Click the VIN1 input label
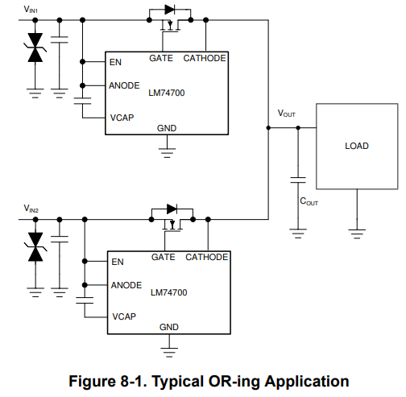click(x=31, y=9)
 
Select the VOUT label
click(x=286, y=114)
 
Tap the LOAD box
click(x=356, y=146)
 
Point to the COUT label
click(x=309, y=202)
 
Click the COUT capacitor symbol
click(x=298, y=178)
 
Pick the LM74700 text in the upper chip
click(x=168, y=93)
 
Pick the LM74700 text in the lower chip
click(x=168, y=292)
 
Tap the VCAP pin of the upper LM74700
click(x=122, y=117)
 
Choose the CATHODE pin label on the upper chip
click(x=205, y=58)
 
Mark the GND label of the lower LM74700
click(x=169, y=327)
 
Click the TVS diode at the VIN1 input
click(x=35, y=48)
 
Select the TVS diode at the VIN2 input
click(x=35, y=247)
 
